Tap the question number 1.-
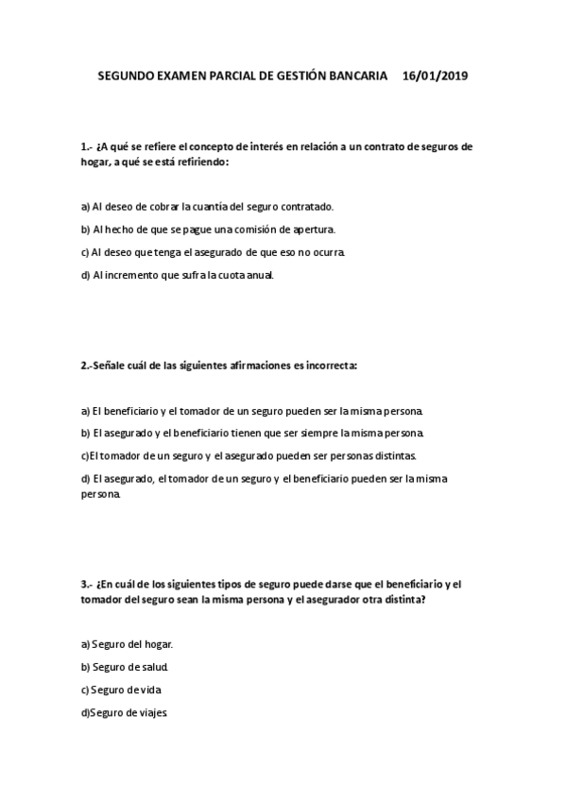coord(86,146)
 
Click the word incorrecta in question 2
coord(327,365)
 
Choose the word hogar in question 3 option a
coord(158,644)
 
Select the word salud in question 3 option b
coord(153,667)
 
